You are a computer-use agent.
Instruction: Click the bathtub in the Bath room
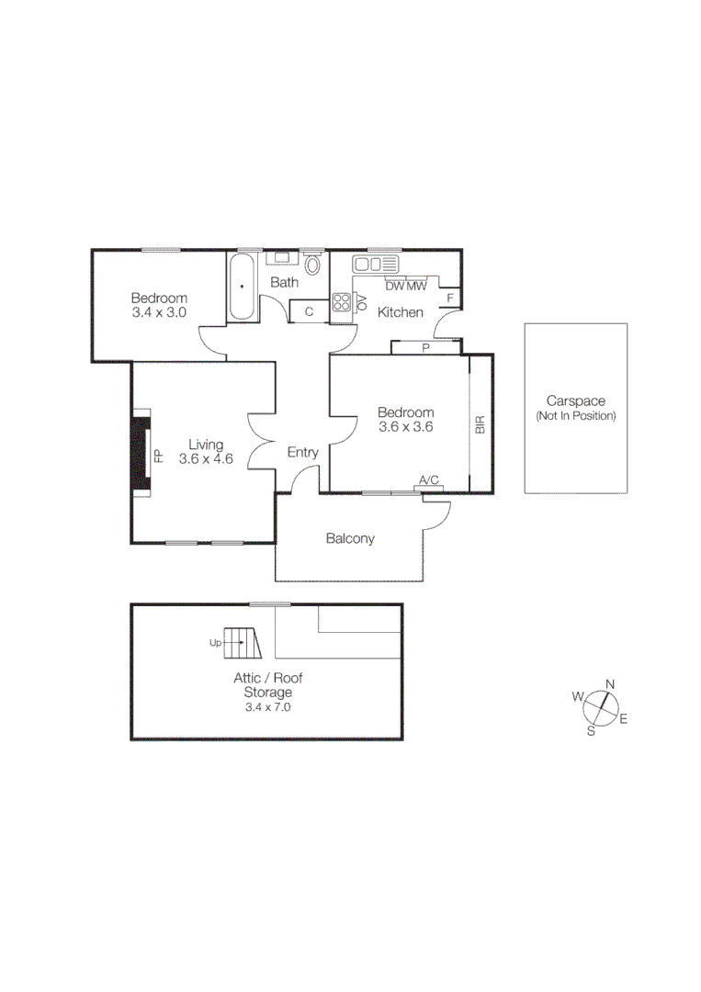click(x=243, y=287)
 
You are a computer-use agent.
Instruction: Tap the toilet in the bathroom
click(x=313, y=265)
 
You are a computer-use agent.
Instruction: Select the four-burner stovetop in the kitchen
click(x=342, y=303)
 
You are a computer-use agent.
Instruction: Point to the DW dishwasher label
click(x=395, y=286)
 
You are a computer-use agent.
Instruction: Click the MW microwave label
click(x=417, y=286)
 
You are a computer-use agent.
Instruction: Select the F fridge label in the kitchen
click(x=450, y=299)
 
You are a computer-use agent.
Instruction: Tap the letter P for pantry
click(x=425, y=348)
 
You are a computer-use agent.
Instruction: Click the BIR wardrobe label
click(x=480, y=424)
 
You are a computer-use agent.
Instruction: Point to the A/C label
click(x=429, y=479)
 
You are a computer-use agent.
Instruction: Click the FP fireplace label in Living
click(x=158, y=457)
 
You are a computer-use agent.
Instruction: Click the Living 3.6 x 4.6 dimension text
click(x=206, y=459)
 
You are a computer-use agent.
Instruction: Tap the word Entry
click(x=302, y=452)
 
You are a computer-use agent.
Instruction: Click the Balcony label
click(x=350, y=538)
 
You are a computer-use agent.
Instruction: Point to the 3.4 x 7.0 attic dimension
click(x=267, y=707)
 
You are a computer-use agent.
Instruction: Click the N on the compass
click(x=610, y=683)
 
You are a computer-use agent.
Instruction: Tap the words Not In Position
click(x=576, y=416)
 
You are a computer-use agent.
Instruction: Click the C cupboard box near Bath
click(x=309, y=311)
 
